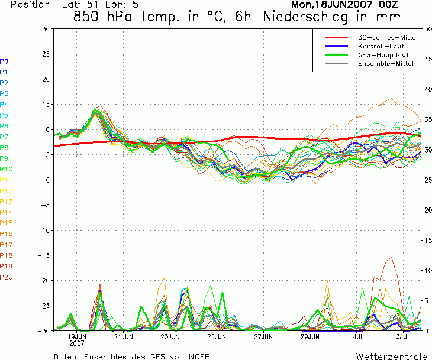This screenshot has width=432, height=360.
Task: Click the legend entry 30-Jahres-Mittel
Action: (x=388, y=37)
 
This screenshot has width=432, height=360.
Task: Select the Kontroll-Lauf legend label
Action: (x=381, y=46)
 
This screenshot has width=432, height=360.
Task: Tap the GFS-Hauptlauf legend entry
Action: (x=383, y=55)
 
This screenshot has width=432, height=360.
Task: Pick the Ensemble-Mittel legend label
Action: (x=386, y=63)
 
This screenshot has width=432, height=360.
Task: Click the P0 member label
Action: (x=4, y=61)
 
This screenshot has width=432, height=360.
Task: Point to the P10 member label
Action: (x=7, y=169)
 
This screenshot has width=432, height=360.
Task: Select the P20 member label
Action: (x=7, y=277)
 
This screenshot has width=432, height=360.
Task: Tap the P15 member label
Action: (x=7, y=223)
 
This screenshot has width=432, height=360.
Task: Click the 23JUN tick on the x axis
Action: (x=170, y=336)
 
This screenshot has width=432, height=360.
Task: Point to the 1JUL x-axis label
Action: (x=357, y=336)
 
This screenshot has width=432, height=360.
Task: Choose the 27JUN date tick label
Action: (x=263, y=336)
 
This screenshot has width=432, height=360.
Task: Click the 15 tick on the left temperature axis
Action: (x=46, y=104)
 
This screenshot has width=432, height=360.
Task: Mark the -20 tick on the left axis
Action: (x=44, y=280)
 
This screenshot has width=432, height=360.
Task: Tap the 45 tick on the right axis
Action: (x=428, y=59)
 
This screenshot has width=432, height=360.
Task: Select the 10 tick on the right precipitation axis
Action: (x=428, y=271)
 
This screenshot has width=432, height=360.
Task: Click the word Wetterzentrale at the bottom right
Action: (x=391, y=356)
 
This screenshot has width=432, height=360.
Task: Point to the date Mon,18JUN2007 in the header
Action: (x=332, y=4)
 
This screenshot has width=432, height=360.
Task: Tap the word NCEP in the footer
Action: (x=199, y=356)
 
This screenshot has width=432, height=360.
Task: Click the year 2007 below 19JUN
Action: (x=77, y=343)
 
